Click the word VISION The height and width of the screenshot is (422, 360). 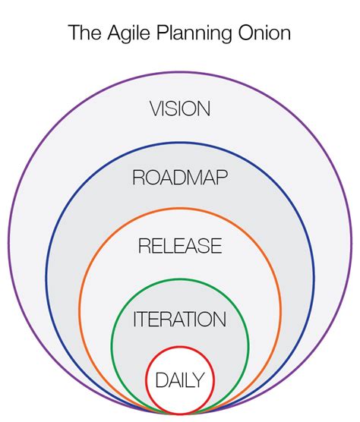[x=180, y=109]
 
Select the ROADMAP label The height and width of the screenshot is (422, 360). [x=180, y=178]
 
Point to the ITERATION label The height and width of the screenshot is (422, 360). [x=180, y=319]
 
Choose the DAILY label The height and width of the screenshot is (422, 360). [x=180, y=379]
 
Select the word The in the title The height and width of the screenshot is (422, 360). [x=81, y=33]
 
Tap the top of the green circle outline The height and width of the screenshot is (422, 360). [x=180, y=281]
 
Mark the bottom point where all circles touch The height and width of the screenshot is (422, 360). [x=180, y=414]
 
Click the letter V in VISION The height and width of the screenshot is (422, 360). [x=156, y=109]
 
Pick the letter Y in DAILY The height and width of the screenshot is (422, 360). [x=201, y=379]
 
